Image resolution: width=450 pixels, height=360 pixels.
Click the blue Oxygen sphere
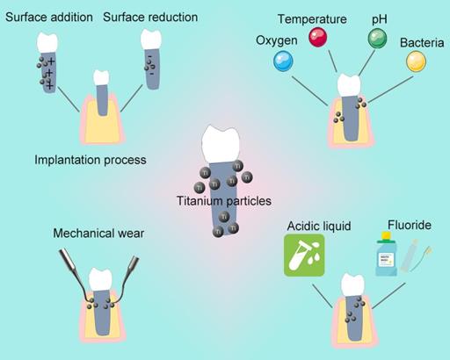point(282,60)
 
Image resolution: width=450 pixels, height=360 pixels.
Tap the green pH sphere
point(377,38)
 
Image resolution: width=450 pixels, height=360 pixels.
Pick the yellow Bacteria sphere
point(415,61)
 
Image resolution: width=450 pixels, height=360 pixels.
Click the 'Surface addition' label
point(42,17)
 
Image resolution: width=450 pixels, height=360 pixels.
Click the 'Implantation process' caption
point(90,160)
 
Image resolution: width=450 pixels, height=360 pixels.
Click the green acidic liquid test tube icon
point(298,256)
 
